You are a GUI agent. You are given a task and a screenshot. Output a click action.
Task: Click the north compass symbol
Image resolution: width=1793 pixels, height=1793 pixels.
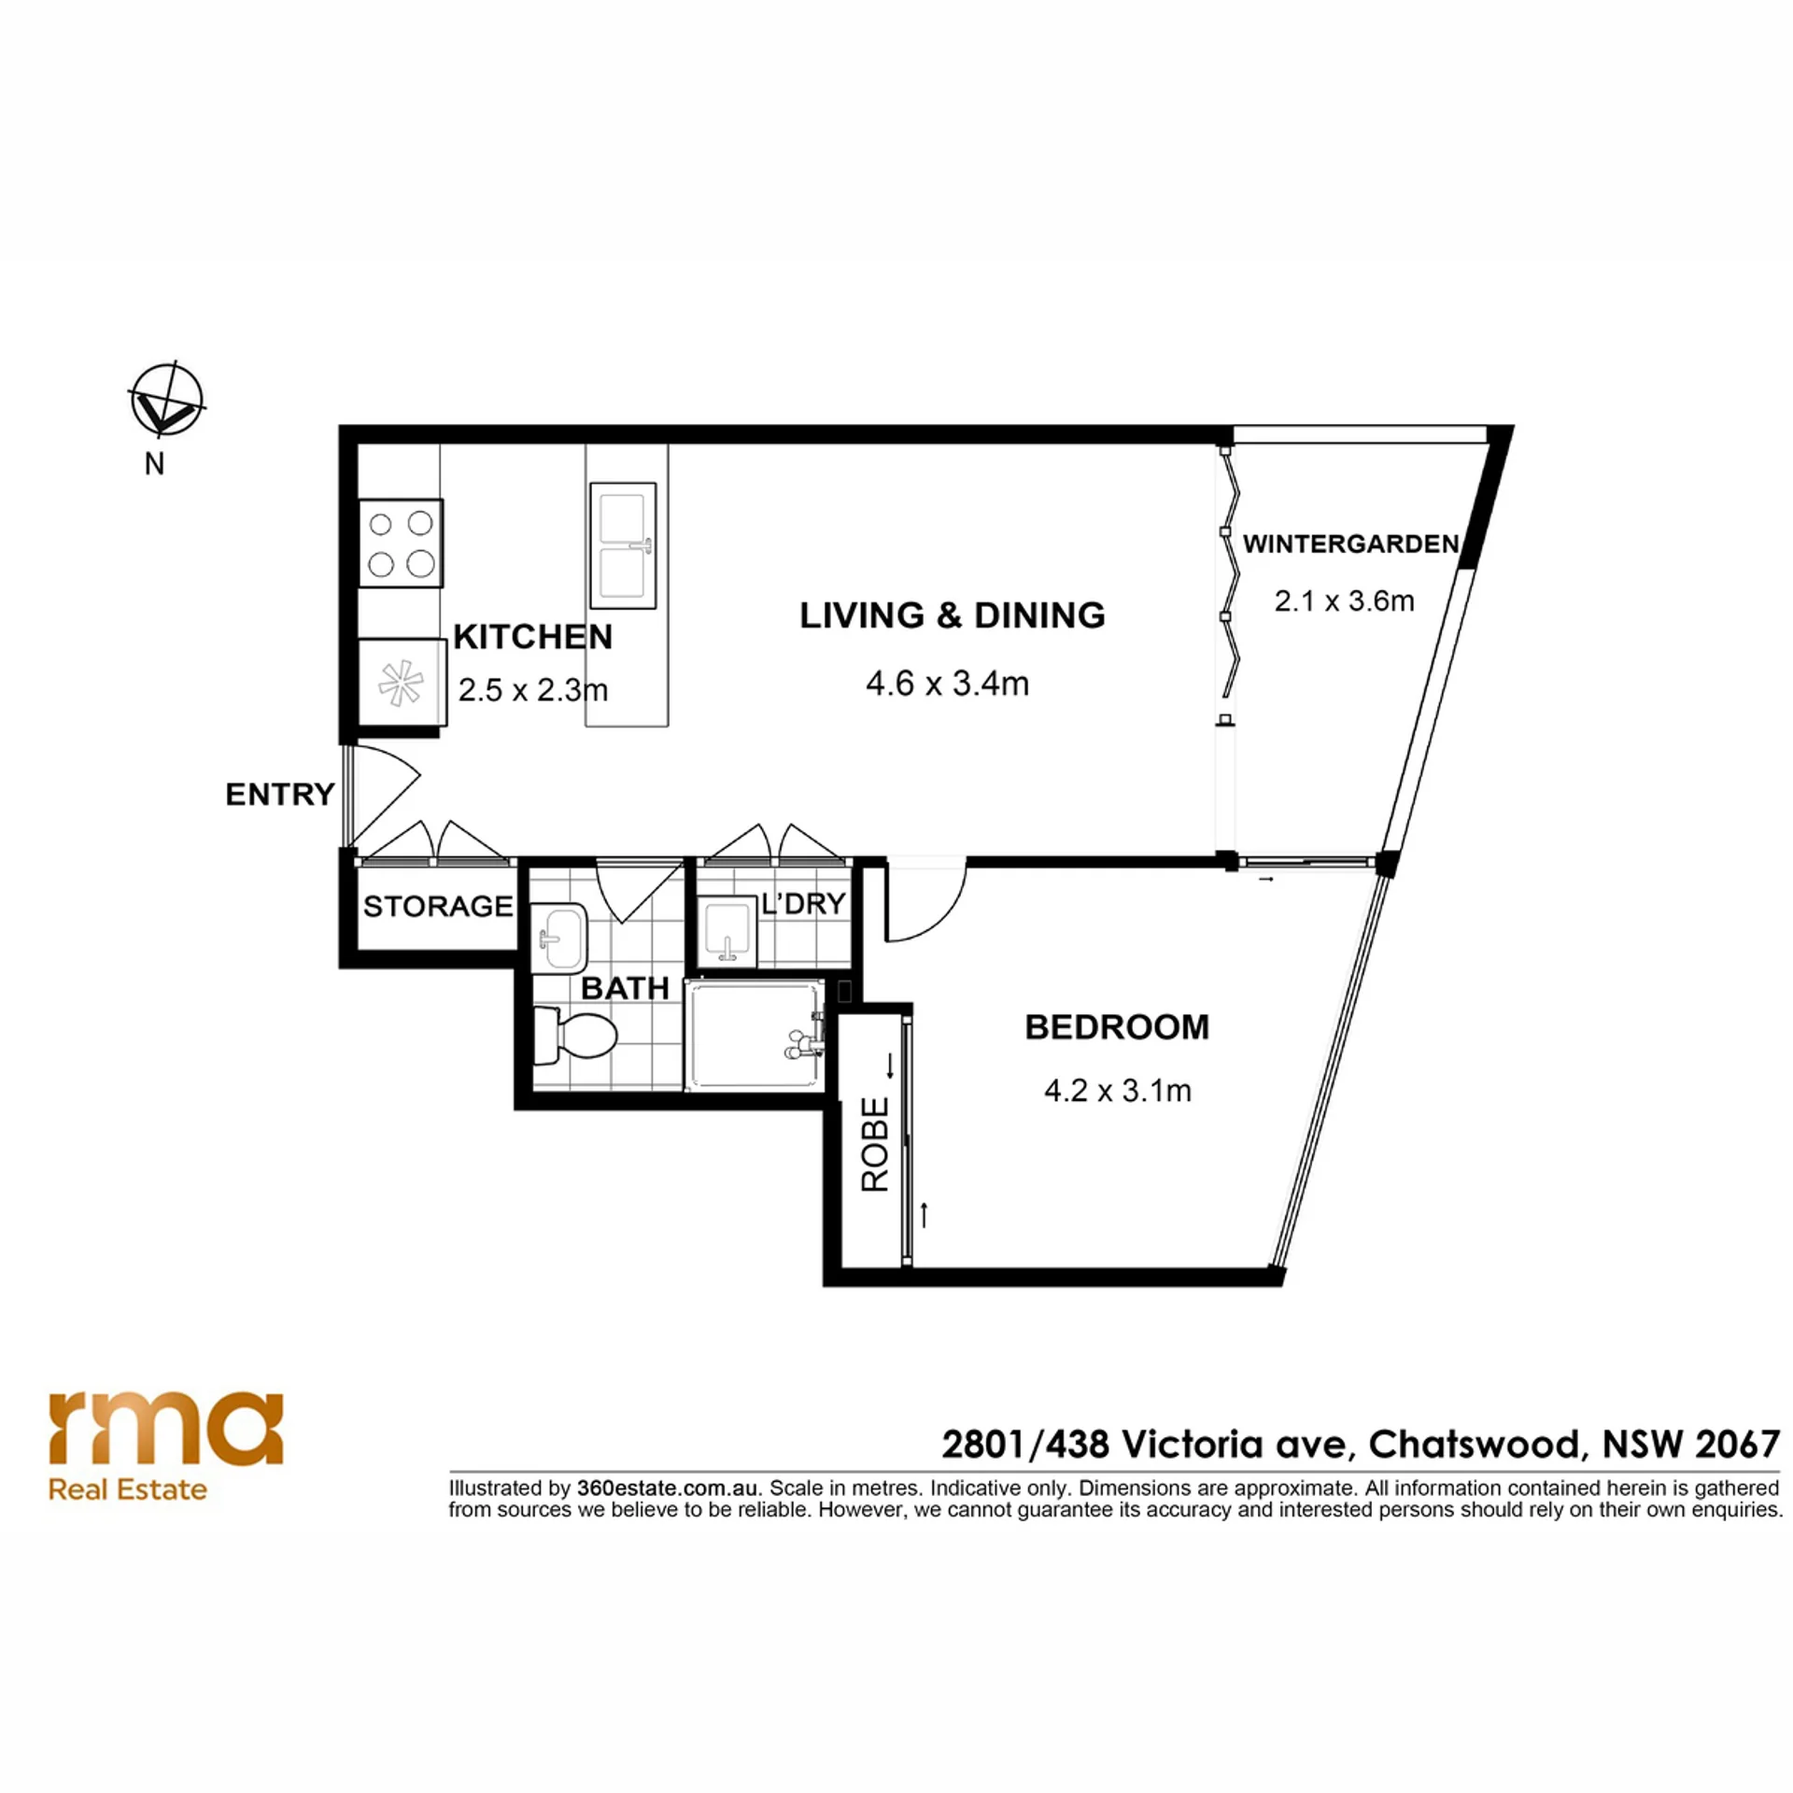click(166, 400)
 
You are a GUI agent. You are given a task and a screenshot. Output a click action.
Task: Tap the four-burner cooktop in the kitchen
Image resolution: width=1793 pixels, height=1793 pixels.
click(401, 543)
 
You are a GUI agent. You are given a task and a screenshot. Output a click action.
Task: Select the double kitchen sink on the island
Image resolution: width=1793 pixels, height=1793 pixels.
click(623, 546)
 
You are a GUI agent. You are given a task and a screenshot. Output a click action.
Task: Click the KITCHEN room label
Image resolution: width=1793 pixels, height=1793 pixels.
click(533, 637)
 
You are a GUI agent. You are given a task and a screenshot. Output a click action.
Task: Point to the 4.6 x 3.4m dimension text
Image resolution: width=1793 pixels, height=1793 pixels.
click(947, 684)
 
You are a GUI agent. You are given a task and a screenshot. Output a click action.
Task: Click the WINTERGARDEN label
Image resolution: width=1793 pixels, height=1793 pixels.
click(1350, 544)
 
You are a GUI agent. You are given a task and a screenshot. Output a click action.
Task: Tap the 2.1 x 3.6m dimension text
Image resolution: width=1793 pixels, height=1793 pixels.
click(1344, 600)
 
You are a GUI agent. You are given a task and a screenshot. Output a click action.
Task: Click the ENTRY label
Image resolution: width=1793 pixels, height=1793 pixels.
click(279, 794)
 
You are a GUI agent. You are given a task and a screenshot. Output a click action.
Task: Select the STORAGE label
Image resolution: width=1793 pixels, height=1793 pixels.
click(438, 906)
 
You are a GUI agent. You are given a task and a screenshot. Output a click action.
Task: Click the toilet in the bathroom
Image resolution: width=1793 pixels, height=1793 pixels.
click(574, 1036)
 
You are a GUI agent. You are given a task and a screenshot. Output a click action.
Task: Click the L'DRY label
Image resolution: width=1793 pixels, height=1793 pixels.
click(803, 903)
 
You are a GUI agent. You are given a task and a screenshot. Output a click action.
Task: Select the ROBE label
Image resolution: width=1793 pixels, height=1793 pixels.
click(875, 1145)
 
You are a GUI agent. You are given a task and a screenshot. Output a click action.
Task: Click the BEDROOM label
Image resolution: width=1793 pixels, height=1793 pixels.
click(1117, 1027)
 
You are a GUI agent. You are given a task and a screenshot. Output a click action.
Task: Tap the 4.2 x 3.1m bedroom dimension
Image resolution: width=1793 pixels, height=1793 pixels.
click(1117, 1090)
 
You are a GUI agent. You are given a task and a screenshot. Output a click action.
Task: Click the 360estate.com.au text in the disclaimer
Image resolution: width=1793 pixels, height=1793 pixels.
click(666, 1489)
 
